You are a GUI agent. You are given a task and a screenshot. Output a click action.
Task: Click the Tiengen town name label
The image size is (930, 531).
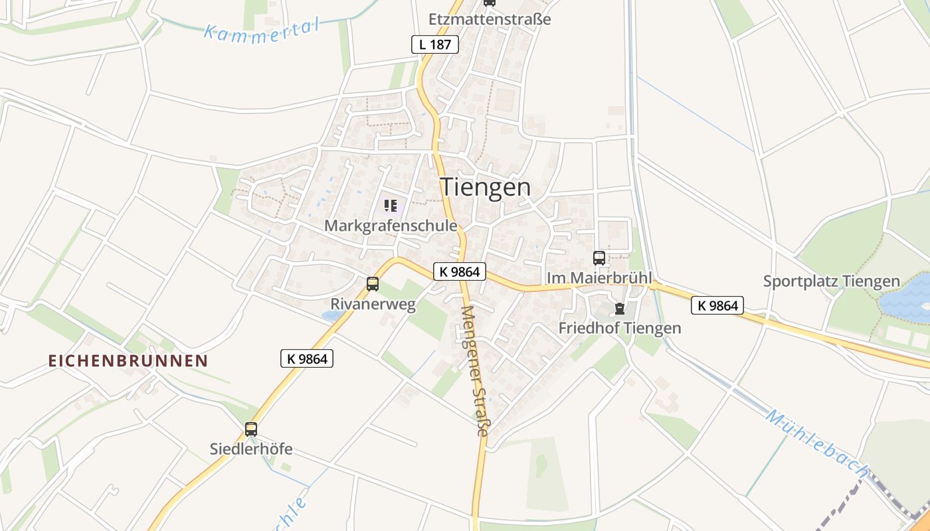[x=486, y=187]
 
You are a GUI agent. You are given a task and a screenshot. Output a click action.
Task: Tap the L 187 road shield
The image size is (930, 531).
[x=435, y=44]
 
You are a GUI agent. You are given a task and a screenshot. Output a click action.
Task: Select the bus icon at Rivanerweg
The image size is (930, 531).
[x=373, y=284]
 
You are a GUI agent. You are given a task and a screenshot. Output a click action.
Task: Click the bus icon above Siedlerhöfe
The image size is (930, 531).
[x=251, y=429]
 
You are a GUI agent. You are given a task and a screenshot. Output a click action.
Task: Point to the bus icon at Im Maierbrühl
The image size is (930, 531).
[x=599, y=258]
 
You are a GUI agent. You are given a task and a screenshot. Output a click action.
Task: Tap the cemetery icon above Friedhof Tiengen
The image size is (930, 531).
[x=620, y=309]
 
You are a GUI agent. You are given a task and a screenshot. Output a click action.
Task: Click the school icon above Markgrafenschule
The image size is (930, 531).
[x=391, y=206]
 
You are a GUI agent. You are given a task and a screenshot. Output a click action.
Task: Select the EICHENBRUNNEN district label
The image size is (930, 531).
[x=128, y=360]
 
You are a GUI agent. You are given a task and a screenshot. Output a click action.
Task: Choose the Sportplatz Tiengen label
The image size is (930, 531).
[x=831, y=281]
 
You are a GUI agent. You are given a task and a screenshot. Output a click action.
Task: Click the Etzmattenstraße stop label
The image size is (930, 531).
[x=490, y=19]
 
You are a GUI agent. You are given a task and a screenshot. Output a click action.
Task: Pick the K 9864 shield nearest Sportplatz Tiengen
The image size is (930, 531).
[x=717, y=305]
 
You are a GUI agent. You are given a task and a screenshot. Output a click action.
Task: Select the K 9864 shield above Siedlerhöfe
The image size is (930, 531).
[x=306, y=358]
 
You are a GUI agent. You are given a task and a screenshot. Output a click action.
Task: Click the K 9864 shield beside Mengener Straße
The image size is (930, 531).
[x=460, y=271]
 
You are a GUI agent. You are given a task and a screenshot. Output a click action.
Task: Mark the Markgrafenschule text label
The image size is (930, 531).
[x=391, y=226]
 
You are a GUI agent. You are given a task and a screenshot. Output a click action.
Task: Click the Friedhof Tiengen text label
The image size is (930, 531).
[x=620, y=328]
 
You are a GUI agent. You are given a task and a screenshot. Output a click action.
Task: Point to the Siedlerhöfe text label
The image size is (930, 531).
[x=251, y=449]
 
